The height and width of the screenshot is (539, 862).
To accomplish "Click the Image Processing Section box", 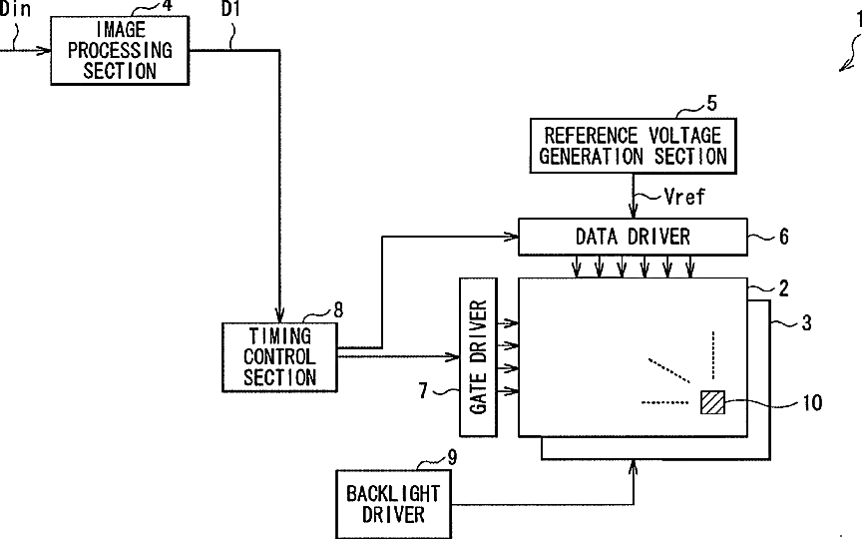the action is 120,50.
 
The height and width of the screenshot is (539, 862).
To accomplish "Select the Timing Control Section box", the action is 279,357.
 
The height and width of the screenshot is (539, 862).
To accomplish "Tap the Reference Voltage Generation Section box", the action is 634,146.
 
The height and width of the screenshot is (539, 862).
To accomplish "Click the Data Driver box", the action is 633,237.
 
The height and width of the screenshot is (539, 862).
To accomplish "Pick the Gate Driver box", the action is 478,357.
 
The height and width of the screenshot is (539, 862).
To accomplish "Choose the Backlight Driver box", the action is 394,504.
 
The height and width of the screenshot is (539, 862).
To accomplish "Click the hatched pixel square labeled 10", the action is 713,402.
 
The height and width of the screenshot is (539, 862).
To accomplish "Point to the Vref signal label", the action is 684,197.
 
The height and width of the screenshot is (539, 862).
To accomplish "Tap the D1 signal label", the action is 230,9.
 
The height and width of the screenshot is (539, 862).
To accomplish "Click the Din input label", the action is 15,9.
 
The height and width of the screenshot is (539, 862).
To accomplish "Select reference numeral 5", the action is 712,104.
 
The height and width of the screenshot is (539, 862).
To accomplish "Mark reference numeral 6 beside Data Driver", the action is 784,237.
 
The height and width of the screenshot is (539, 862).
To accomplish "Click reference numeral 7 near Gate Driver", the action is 423,390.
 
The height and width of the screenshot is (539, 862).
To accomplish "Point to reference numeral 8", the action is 338,310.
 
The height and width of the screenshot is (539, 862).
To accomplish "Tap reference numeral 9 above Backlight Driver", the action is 452,457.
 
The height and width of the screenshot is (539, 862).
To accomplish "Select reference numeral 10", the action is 812,403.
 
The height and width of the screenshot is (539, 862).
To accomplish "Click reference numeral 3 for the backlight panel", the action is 806,323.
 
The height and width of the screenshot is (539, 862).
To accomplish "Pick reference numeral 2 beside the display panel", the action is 784,288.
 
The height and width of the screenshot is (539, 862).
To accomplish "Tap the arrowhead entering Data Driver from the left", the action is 512,237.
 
